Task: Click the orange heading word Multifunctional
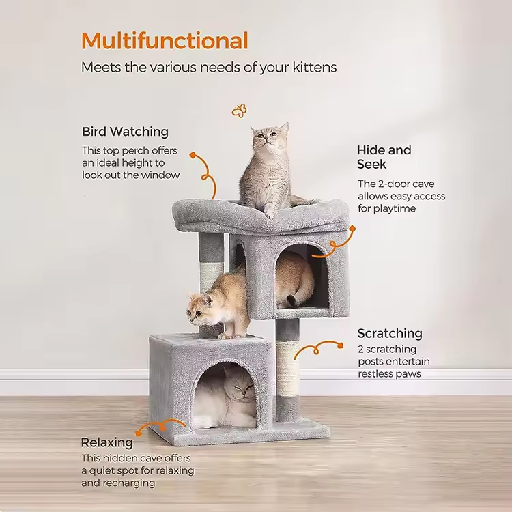pyautogui.click(x=165, y=41)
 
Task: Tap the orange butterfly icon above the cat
pyautogui.click(x=239, y=111)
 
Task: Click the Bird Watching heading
pyautogui.click(x=125, y=132)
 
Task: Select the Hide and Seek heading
pyautogui.click(x=384, y=157)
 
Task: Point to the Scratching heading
pyautogui.click(x=390, y=333)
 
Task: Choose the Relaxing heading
pyautogui.click(x=106, y=442)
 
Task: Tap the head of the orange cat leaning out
pyautogui.click(x=200, y=309)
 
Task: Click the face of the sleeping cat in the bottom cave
pyautogui.click(x=242, y=388)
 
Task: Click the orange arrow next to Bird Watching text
pyautogui.click(x=205, y=175)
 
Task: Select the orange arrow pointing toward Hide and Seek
pyautogui.click(x=335, y=242)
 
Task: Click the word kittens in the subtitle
pyautogui.click(x=315, y=68)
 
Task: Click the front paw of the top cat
pyautogui.click(x=270, y=214)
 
